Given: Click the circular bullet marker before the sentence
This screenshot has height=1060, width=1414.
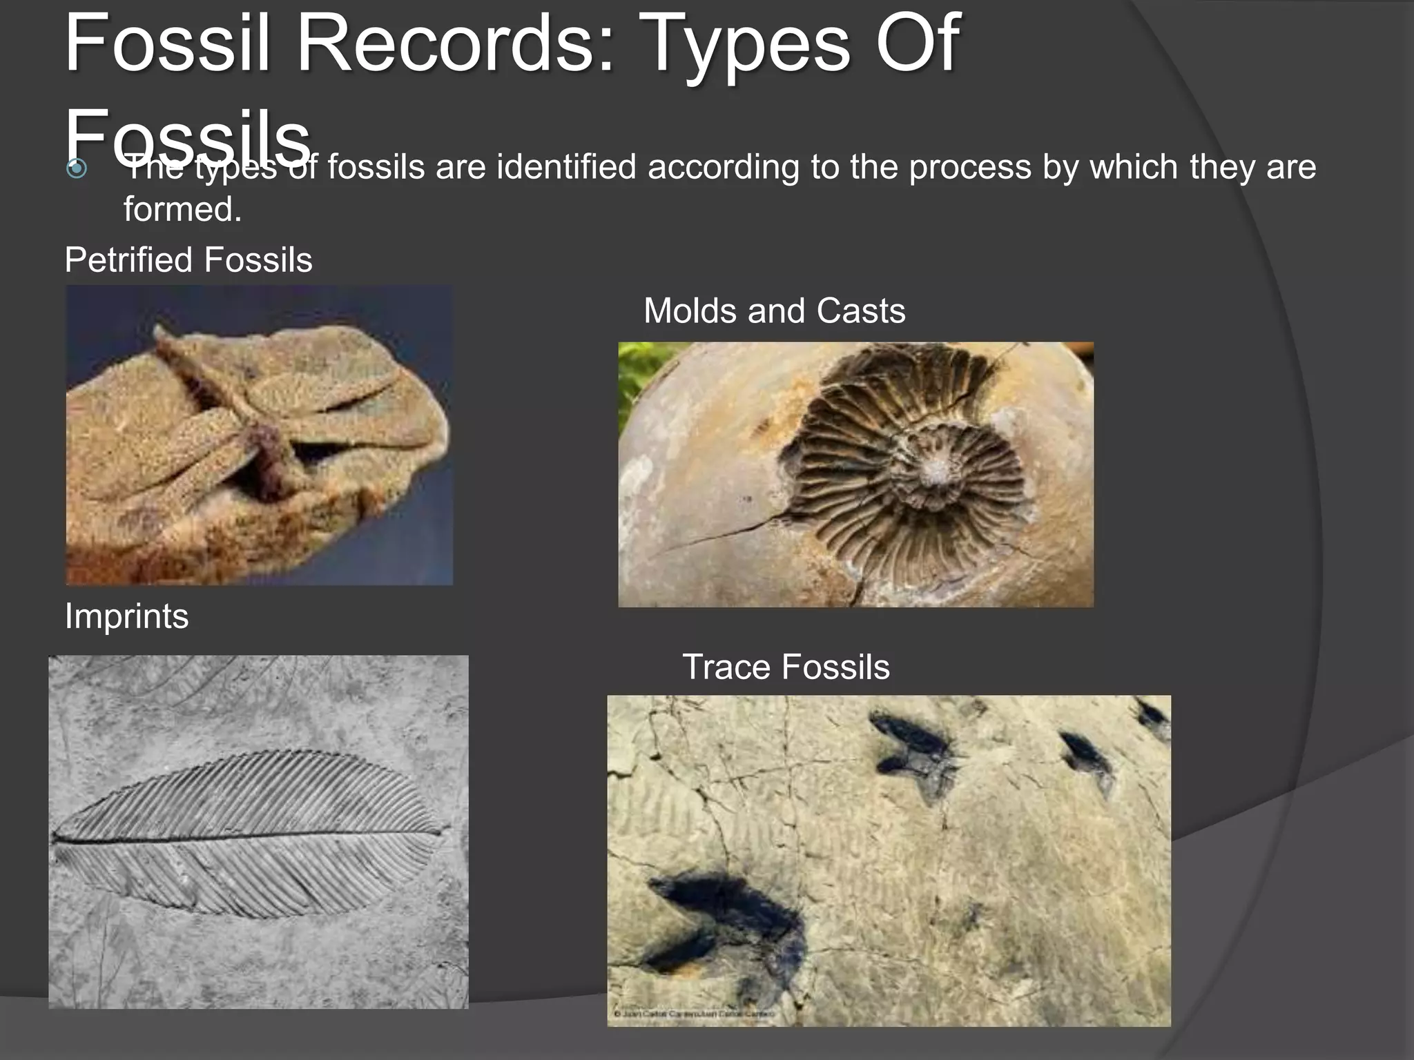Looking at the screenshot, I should (x=77, y=168).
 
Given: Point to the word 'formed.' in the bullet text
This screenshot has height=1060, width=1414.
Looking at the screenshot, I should (x=183, y=209).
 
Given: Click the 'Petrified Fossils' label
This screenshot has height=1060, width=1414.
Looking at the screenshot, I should (x=188, y=260).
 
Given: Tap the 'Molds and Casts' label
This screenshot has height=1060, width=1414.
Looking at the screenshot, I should (x=774, y=311).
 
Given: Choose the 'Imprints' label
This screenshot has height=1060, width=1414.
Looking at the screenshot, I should (x=126, y=616).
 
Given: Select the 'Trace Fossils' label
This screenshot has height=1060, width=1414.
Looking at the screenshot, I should (x=786, y=667).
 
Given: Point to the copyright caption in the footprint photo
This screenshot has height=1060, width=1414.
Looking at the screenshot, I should (x=694, y=1014).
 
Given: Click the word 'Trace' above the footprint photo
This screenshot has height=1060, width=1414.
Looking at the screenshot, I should (x=726, y=667).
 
